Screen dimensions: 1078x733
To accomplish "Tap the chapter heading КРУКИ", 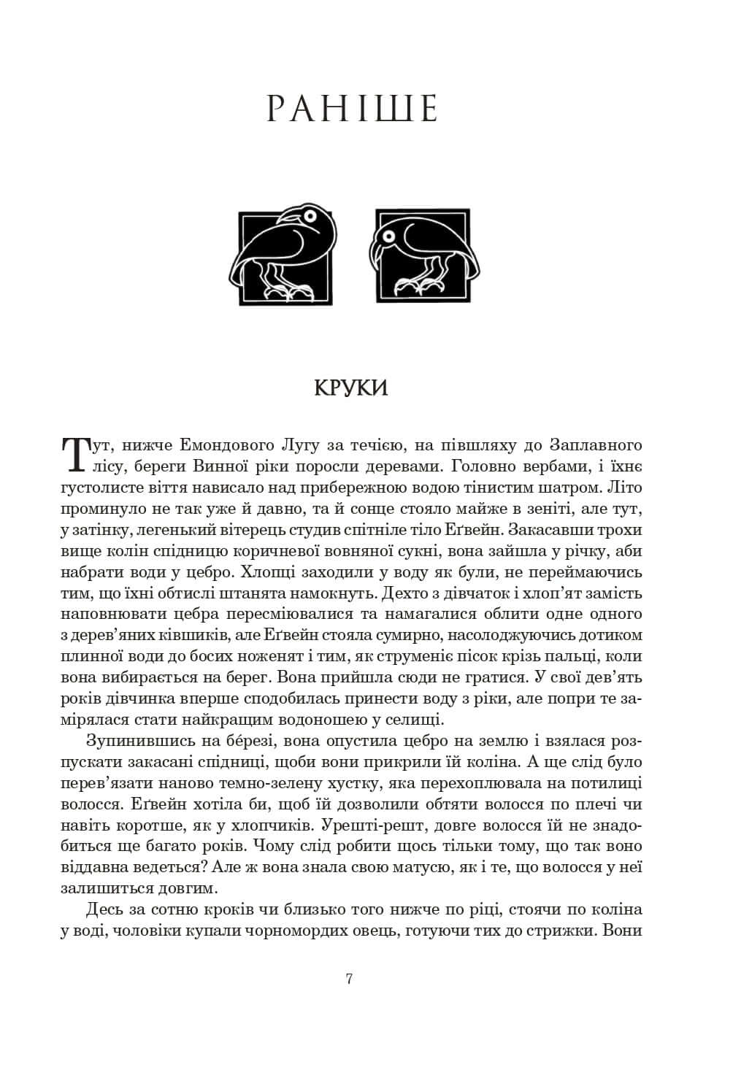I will pyautogui.click(x=350, y=388).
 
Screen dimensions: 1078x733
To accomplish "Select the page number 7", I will pyautogui.click(x=350, y=979).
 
